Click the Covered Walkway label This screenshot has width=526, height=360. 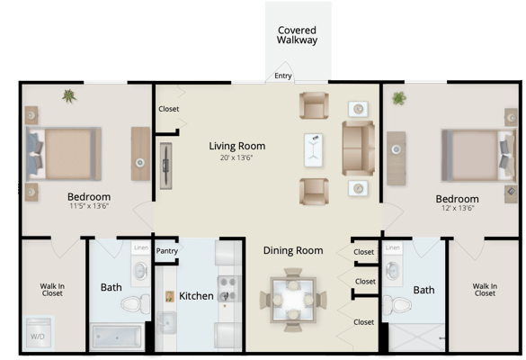pos(298,34)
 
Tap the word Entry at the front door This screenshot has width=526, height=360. pos(283,76)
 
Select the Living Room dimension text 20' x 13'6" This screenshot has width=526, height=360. pos(236,157)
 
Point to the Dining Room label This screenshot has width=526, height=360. pos(292,250)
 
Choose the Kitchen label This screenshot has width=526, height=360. pos(196,295)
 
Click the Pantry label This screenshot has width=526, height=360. pos(167,251)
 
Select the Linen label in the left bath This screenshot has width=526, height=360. pos(140,247)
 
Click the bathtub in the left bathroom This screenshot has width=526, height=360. pos(116,337)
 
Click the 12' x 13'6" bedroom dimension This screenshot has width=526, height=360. pos(456,209)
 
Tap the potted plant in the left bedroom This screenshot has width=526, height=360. pos(69,94)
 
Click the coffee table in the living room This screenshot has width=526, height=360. pos(313,148)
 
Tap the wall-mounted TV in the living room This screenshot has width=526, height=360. pos(165,163)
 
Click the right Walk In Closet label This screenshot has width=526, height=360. pos(485,289)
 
